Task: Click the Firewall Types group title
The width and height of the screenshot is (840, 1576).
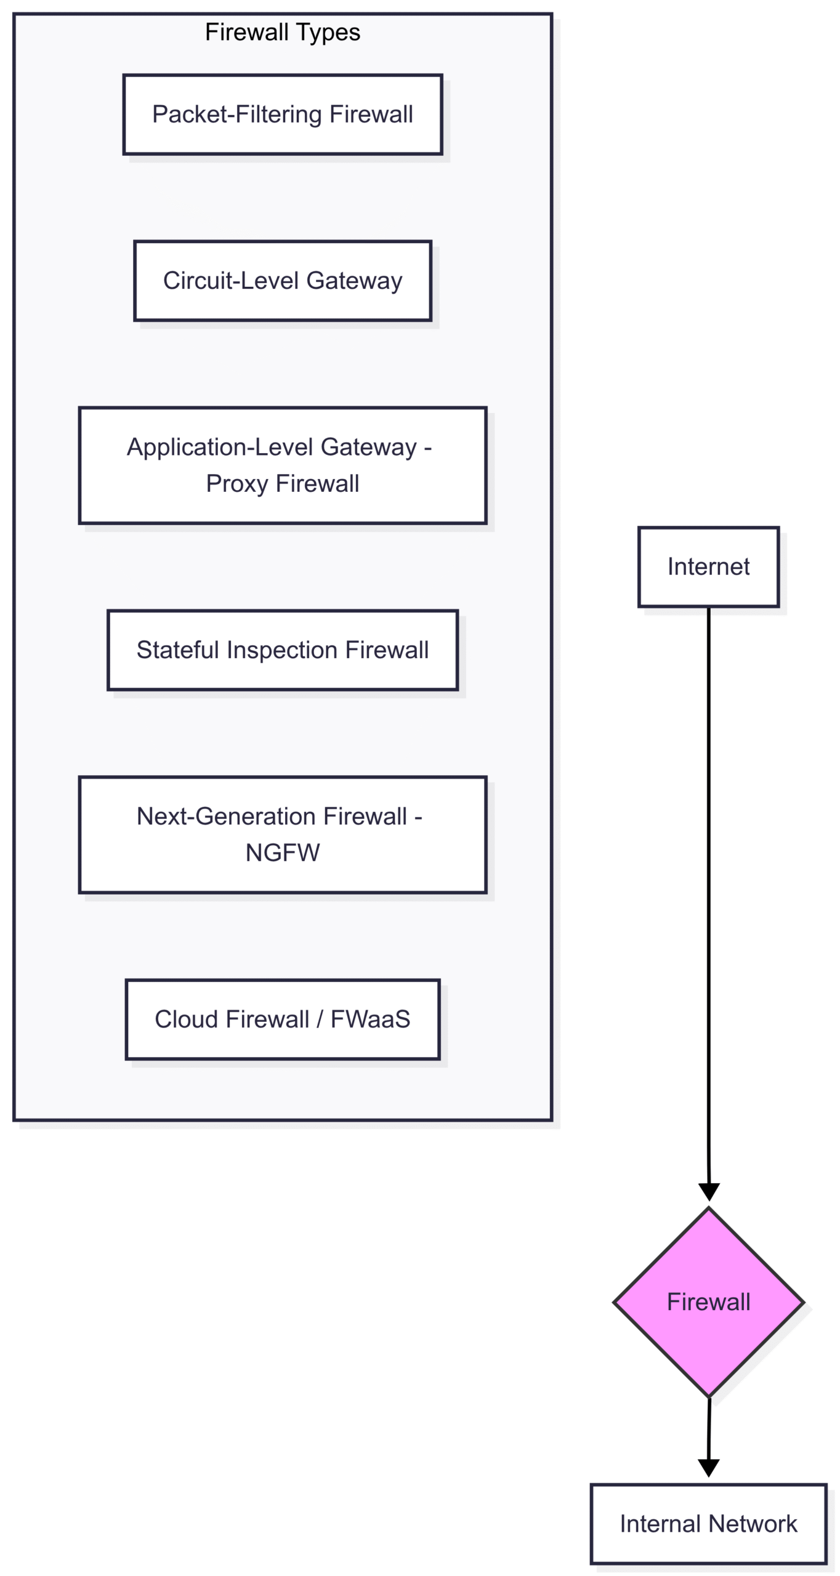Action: (x=282, y=32)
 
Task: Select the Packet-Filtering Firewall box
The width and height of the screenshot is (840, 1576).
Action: (x=283, y=115)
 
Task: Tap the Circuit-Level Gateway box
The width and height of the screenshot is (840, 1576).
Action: (x=283, y=281)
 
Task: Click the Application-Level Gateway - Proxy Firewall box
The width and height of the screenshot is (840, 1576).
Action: (x=283, y=465)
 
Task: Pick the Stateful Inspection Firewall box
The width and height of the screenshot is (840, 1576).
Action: (x=283, y=650)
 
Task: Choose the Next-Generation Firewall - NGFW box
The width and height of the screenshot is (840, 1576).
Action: (x=283, y=835)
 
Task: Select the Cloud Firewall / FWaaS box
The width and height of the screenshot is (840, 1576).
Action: (x=283, y=1019)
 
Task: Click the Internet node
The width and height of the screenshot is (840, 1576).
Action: (x=709, y=567)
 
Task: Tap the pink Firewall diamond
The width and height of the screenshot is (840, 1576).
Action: (x=709, y=1302)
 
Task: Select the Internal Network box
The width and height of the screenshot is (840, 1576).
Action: (x=709, y=1524)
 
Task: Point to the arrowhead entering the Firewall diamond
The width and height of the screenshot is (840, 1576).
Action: (x=709, y=1192)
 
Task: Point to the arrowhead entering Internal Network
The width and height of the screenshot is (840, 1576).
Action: (x=709, y=1468)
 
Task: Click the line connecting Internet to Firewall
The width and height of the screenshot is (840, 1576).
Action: (x=709, y=896)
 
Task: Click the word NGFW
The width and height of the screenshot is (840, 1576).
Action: (x=283, y=853)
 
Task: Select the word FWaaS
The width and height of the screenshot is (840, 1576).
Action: (x=371, y=1019)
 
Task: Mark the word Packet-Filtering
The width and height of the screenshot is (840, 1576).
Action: (x=237, y=115)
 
